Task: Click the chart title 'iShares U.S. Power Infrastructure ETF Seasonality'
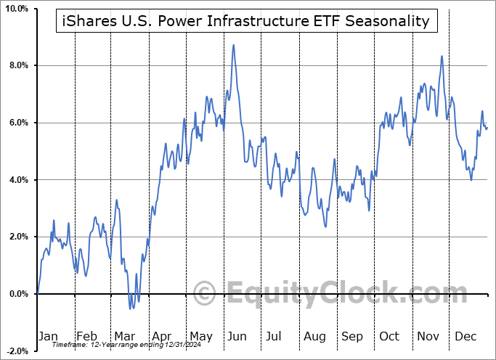click(247, 21)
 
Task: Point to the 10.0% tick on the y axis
click(16, 9)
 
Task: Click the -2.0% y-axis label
click(17, 351)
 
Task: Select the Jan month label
click(47, 337)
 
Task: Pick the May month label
click(200, 337)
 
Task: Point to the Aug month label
click(314, 337)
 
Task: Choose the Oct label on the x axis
click(389, 337)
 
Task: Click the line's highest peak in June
click(233, 45)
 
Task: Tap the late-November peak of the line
click(441, 56)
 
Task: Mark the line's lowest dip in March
click(131, 308)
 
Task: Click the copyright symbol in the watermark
click(206, 294)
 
